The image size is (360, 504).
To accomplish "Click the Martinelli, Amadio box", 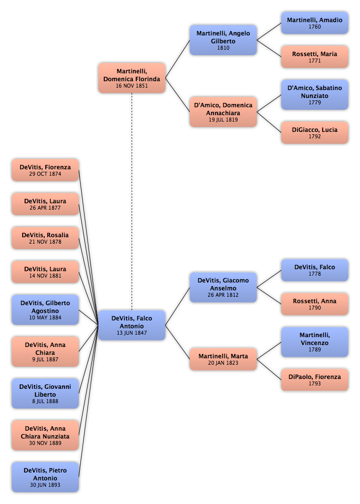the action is [x=314, y=23].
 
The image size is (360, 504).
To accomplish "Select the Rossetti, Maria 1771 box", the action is [x=314, y=57].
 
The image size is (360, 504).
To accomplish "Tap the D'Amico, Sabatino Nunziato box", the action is [x=314, y=95].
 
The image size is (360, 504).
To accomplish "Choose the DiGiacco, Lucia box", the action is [x=314, y=132].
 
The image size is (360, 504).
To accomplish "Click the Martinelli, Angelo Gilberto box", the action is [x=223, y=40].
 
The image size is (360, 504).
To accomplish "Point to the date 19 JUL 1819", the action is [x=223, y=120].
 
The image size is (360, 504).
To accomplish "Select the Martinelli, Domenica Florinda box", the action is [x=132, y=78].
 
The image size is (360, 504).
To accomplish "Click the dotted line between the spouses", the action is [x=132, y=201].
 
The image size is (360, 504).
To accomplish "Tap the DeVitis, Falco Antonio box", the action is [x=132, y=325].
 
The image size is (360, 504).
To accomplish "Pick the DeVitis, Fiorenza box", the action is [x=45, y=170].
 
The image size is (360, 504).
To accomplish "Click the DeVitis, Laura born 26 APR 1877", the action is [x=45, y=204].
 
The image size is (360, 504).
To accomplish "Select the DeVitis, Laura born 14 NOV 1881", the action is [x=45, y=272].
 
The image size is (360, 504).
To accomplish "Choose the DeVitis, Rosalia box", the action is [x=45, y=238].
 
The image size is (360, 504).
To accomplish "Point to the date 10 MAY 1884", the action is [x=45, y=317].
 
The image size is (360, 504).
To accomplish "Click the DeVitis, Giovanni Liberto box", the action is [x=45, y=393].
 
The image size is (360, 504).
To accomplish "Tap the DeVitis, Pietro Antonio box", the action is [x=45, y=477].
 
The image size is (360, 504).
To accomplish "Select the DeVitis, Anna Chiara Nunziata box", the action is [x=45, y=435].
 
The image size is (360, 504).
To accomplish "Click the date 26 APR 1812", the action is [x=223, y=295].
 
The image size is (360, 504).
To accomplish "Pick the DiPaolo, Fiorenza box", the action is [x=314, y=379].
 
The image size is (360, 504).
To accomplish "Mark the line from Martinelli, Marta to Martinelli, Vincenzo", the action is [x=269, y=350].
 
